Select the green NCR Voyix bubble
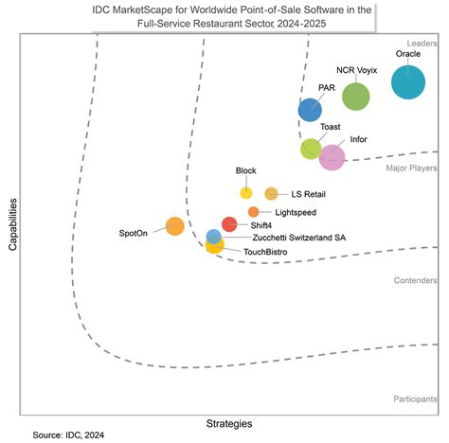(356, 96)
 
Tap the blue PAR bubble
(310, 110)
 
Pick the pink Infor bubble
(332, 157)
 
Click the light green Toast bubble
(311, 149)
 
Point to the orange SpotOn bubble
(174, 225)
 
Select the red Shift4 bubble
(229, 224)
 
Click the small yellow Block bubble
(246, 193)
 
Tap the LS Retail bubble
(271, 193)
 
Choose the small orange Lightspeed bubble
(253, 212)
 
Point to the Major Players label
(410, 168)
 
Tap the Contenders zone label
(415, 281)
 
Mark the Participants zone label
(414, 400)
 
